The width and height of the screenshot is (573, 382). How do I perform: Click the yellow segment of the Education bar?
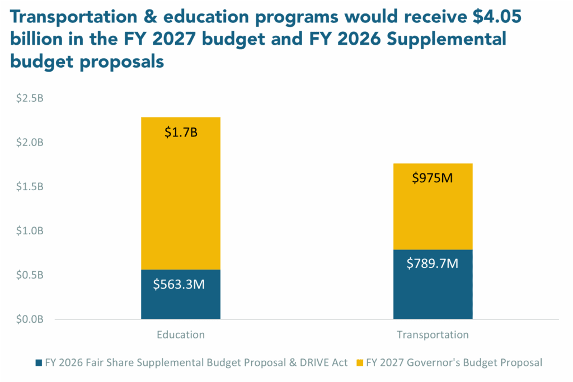(181, 193)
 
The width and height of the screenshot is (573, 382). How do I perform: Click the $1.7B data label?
(180, 133)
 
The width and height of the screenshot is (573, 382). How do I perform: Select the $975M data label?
(433, 178)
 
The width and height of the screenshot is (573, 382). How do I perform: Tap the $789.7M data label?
(433, 263)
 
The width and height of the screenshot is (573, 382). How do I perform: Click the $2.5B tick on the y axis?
(29, 98)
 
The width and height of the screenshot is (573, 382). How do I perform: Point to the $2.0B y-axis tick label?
(29, 143)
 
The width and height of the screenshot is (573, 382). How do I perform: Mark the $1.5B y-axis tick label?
(29, 187)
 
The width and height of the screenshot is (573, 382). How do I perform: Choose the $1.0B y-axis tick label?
(29, 231)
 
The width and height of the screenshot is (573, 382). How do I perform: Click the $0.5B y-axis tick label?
(29, 275)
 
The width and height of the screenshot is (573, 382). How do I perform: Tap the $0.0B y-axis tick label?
(29, 319)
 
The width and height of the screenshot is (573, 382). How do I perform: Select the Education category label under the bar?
(180, 335)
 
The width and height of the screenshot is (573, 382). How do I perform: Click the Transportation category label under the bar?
(433, 335)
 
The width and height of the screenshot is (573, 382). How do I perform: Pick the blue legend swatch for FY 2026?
(37, 362)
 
